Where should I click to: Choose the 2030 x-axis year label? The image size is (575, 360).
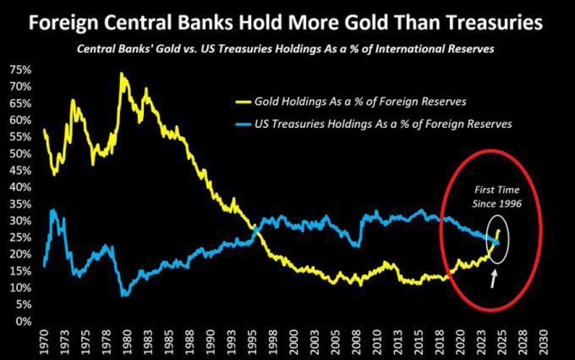[x=544, y=341]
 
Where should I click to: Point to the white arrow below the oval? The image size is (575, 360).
[x=493, y=278]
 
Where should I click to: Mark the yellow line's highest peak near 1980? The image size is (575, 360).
[x=121, y=74]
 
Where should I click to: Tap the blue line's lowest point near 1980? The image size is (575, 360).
[x=125, y=295]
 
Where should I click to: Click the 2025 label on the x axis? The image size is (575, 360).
[x=502, y=341]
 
